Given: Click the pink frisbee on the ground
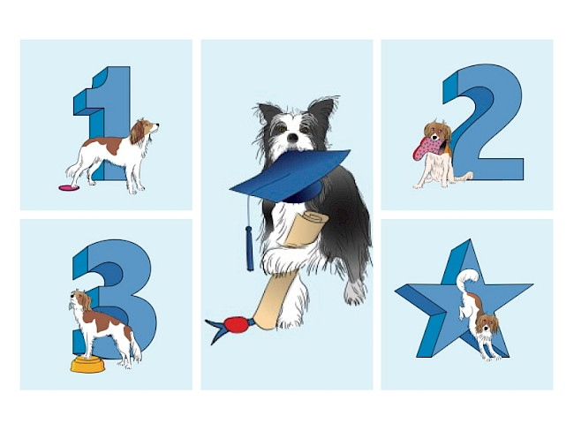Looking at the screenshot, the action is click(x=69, y=188).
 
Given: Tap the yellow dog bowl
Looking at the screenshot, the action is click(x=87, y=365).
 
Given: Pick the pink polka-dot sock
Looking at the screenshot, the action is click(x=428, y=148).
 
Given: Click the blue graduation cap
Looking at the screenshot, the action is click(x=289, y=176).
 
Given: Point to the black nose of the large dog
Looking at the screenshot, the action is click(x=292, y=138).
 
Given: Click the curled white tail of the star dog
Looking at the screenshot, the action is click(x=466, y=278).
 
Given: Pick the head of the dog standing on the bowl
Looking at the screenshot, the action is click(x=80, y=300).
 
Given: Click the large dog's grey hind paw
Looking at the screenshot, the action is click(x=354, y=292).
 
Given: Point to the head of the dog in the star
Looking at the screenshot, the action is click(x=486, y=324).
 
